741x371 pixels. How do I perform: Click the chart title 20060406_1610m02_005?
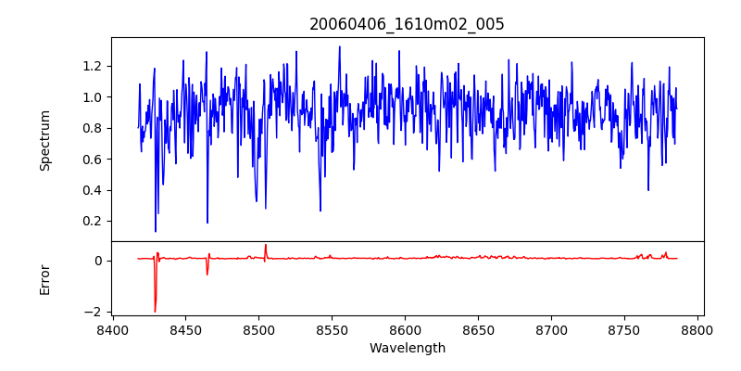[x=407, y=24]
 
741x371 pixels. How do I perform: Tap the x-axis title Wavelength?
[x=407, y=348]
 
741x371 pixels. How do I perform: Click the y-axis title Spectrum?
[x=45, y=140]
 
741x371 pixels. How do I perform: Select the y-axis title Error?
[x=45, y=279]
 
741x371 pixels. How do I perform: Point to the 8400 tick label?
[x=112, y=329]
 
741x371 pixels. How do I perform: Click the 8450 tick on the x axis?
[x=185, y=329]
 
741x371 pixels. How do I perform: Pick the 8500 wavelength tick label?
[x=258, y=329]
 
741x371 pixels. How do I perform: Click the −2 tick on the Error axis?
[x=94, y=312]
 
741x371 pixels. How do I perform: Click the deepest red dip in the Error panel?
[x=155, y=311]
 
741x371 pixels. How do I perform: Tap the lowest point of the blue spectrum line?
[x=156, y=231]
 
